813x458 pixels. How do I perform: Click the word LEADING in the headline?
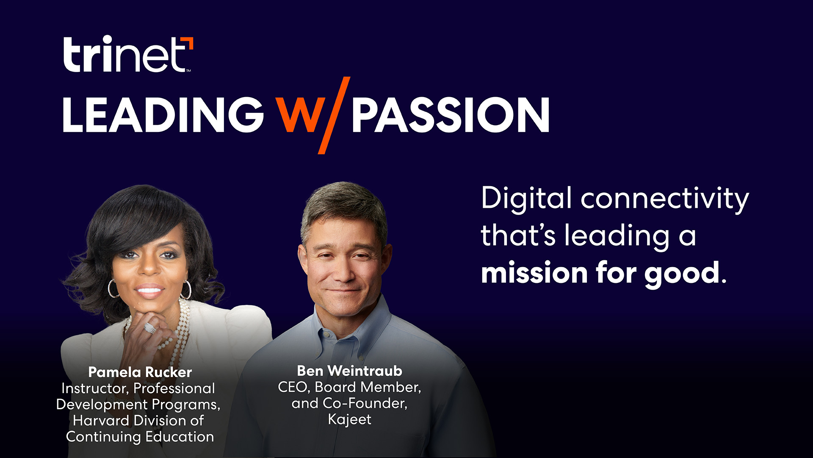(163, 115)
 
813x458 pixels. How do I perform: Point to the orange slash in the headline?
(335, 115)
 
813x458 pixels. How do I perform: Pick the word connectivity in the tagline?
(664, 198)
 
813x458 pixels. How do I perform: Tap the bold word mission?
(534, 272)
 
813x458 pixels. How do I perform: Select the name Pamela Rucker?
(140, 372)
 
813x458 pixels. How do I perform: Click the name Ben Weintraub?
(349, 371)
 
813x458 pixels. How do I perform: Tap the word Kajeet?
(349, 419)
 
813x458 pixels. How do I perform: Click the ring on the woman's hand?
(149, 328)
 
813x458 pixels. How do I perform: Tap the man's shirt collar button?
(326, 335)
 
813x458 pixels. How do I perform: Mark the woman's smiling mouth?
(149, 290)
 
